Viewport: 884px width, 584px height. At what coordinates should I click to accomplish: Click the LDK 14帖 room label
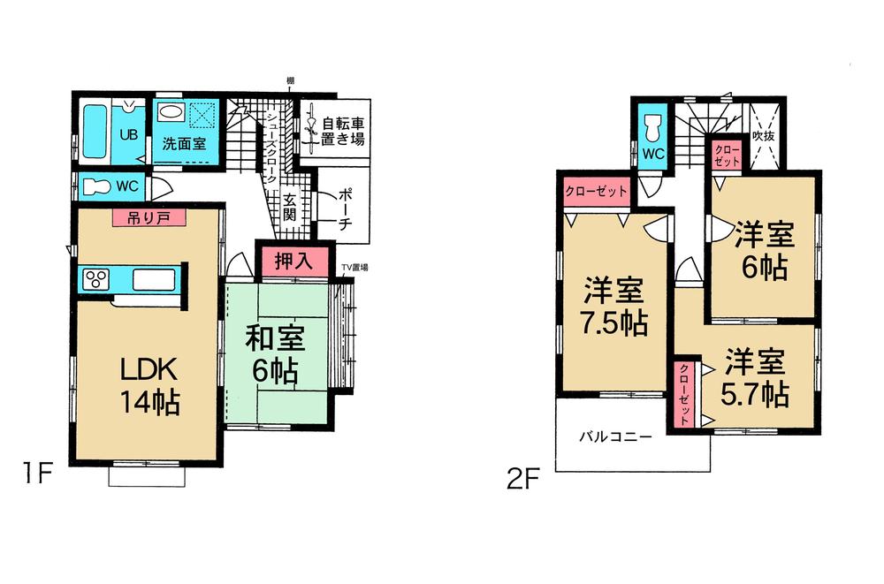(150, 385)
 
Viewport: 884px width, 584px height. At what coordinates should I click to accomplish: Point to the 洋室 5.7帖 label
(757, 377)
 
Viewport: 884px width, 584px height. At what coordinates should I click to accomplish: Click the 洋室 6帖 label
(764, 251)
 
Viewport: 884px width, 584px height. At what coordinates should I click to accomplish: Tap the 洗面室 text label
(184, 143)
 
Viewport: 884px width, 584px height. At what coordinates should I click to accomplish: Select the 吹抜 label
(763, 137)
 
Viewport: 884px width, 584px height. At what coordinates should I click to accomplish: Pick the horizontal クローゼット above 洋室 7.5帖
(596, 191)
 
